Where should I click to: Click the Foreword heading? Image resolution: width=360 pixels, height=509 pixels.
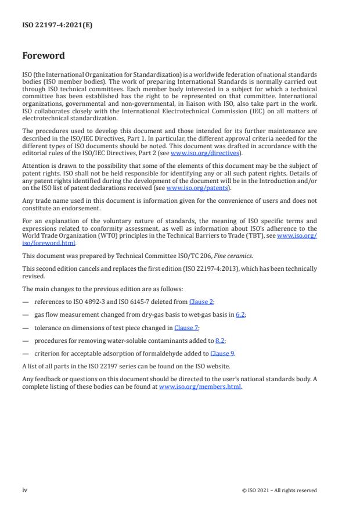coord(44,56)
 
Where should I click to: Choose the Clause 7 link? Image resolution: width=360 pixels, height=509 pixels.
coord(186,328)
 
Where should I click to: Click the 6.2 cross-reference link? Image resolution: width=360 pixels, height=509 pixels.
coord(240,314)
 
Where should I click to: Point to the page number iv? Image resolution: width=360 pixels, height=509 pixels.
coord(24,490)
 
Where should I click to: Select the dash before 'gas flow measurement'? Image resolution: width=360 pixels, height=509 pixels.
coord(26,314)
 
